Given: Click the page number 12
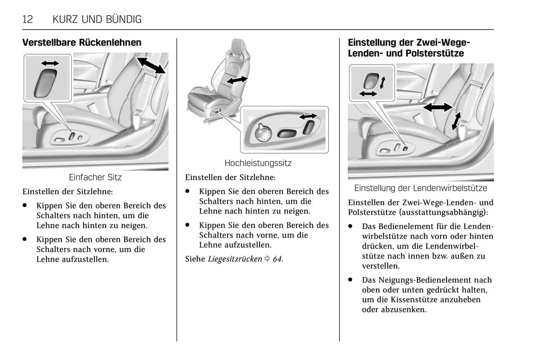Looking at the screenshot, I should pos(28,19).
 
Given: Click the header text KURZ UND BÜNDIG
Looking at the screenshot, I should pos(97,19).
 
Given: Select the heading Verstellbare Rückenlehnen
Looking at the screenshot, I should pos(82,43).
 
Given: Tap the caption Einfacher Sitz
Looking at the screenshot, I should pos(95,177).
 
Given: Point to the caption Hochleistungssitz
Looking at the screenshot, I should pos(258,163).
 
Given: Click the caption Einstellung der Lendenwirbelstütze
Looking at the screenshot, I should pos(420,188).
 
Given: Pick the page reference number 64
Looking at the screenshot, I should pos(277,259).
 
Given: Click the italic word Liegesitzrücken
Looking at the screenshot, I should pos(235,259).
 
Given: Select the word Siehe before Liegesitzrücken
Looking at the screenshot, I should pos(195,259).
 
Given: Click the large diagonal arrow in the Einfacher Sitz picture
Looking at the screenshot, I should pos(151,65).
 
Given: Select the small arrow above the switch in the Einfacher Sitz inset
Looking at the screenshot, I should pos(50,63).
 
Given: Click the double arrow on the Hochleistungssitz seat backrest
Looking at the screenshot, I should pos(237,80).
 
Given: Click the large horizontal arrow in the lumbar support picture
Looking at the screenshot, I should pos(438,107).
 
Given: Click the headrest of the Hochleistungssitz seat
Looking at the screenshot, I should pos(238,47).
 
